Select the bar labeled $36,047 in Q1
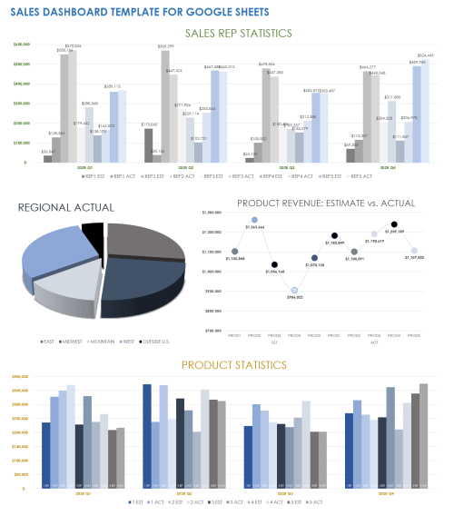coord(47,159)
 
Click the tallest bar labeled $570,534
coord(72,105)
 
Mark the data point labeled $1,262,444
coord(254,220)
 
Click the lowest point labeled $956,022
coord(294,290)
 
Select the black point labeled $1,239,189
coord(394,224)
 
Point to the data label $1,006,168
coord(274,272)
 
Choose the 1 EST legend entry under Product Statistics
coord(137,501)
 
